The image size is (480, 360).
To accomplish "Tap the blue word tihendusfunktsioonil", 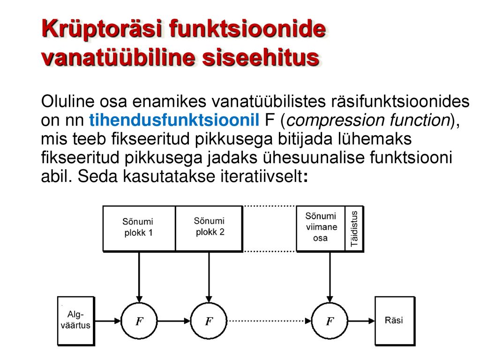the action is click(x=174, y=120).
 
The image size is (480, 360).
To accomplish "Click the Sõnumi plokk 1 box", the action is click(x=139, y=228).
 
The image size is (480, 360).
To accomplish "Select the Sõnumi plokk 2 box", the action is click(x=209, y=228).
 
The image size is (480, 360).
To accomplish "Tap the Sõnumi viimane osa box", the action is click(x=321, y=228).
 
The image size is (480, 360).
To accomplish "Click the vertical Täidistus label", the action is click(x=354, y=228).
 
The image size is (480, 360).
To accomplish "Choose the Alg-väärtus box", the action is click(x=76, y=321).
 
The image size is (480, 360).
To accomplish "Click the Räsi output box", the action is click(x=395, y=321).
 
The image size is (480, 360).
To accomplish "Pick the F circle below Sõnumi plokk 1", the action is click(x=139, y=321).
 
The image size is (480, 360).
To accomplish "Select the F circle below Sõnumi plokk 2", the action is click(x=209, y=321).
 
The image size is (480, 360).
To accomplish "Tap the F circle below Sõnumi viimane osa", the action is click(x=330, y=321).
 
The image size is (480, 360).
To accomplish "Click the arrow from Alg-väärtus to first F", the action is click(x=107, y=321).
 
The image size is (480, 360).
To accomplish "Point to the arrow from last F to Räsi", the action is click(x=361, y=321).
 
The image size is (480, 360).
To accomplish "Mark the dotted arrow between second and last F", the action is click(x=269, y=321).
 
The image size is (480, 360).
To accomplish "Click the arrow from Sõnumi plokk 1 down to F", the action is click(x=139, y=277).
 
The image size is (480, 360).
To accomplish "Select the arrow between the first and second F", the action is click(x=174, y=321).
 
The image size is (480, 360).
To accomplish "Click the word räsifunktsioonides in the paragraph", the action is click(x=400, y=101).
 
